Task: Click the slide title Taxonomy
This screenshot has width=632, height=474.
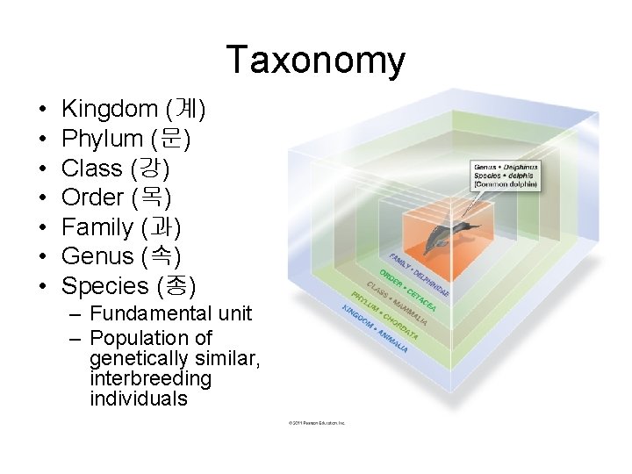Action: click(x=316, y=61)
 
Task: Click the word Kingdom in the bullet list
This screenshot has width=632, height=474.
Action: click(x=109, y=110)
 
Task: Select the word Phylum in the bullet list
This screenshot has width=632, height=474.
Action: click(x=102, y=139)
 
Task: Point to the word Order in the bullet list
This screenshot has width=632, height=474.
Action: click(x=94, y=197)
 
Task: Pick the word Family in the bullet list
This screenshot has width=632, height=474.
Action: click(x=97, y=227)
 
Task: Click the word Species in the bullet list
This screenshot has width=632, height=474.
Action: click(x=105, y=286)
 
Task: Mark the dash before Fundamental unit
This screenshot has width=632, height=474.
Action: click(x=75, y=314)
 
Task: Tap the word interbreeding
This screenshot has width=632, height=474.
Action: click(x=150, y=378)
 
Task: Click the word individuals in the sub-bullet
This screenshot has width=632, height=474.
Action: click(x=138, y=399)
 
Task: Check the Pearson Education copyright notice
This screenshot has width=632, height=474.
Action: click(x=317, y=422)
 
